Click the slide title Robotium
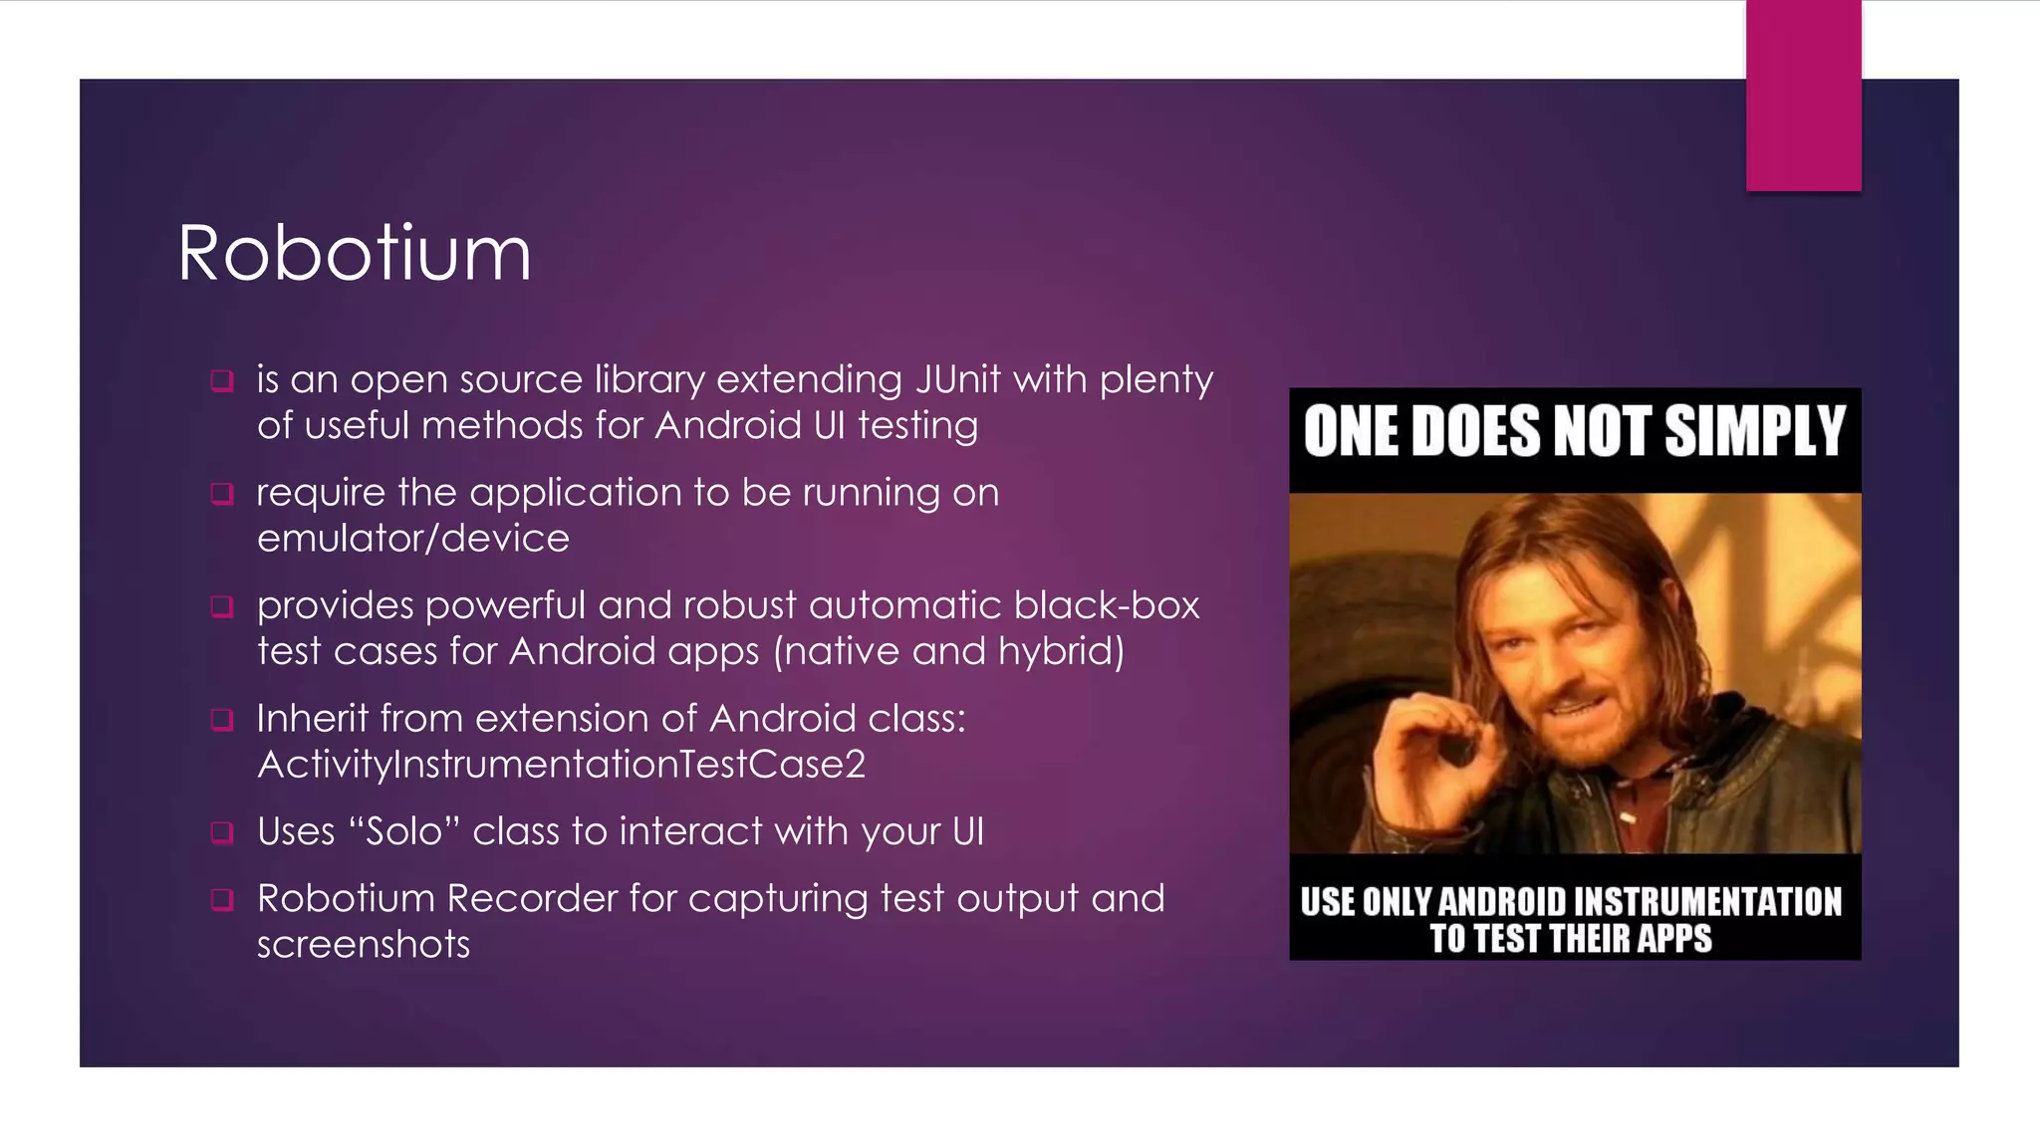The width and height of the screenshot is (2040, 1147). (354, 254)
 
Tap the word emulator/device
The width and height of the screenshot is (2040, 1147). (412, 539)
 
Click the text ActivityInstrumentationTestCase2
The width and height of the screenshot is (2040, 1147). (561, 765)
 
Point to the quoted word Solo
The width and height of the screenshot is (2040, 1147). (403, 831)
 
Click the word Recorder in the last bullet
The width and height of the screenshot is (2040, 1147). (532, 899)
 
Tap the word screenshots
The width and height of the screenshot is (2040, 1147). (363, 945)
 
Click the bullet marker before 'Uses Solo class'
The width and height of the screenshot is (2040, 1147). (222, 832)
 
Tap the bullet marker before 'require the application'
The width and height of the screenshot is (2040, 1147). (222, 494)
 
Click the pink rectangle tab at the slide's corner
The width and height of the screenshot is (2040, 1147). (1803, 96)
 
